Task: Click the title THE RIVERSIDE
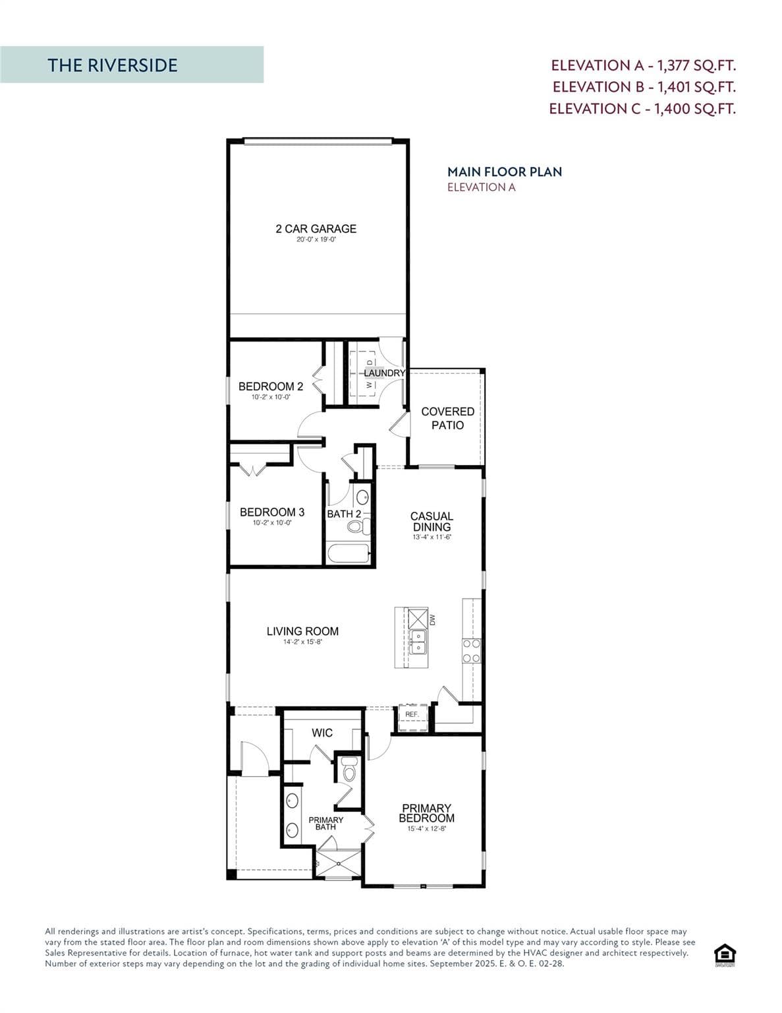click(x=113, y=65)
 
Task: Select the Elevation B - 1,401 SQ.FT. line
click(x=644, y=87)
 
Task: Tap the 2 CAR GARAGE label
click(x=316, y=229)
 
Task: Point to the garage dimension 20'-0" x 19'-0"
click(x=316, y=240)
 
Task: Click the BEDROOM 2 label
click(x=271, y=386)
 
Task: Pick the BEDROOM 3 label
click(x=272, y=512)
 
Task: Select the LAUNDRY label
click(x=384, y=373)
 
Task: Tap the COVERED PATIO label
click(x=447, y=418)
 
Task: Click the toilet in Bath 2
click(x=356, y=526)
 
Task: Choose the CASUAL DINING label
click(x=432, y=522)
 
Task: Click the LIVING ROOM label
click(x=302, y=631)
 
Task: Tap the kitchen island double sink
click(x=417, y=642)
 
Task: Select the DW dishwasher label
click(x=433, y=620)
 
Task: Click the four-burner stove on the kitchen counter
click(x=471, y=650)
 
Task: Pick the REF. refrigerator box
click(x=412, y=718)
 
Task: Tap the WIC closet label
click(x=322, y=733)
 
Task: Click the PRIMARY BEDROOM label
click(x=426, y=813)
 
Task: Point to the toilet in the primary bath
click(x=349, y=770)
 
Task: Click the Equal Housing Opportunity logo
click(x=725, y=954)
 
